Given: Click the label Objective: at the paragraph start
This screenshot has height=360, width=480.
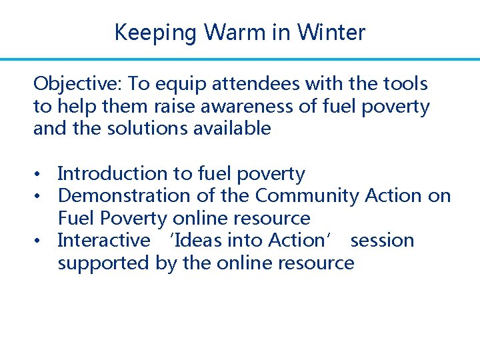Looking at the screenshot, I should click(77, 84).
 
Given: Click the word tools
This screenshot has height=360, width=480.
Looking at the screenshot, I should click(403, 84).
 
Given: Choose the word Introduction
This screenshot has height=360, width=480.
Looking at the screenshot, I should click(113, 174).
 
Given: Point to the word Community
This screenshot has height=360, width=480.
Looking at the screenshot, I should click(307, 196).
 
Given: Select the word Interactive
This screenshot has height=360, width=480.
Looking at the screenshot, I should click(104, 240).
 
